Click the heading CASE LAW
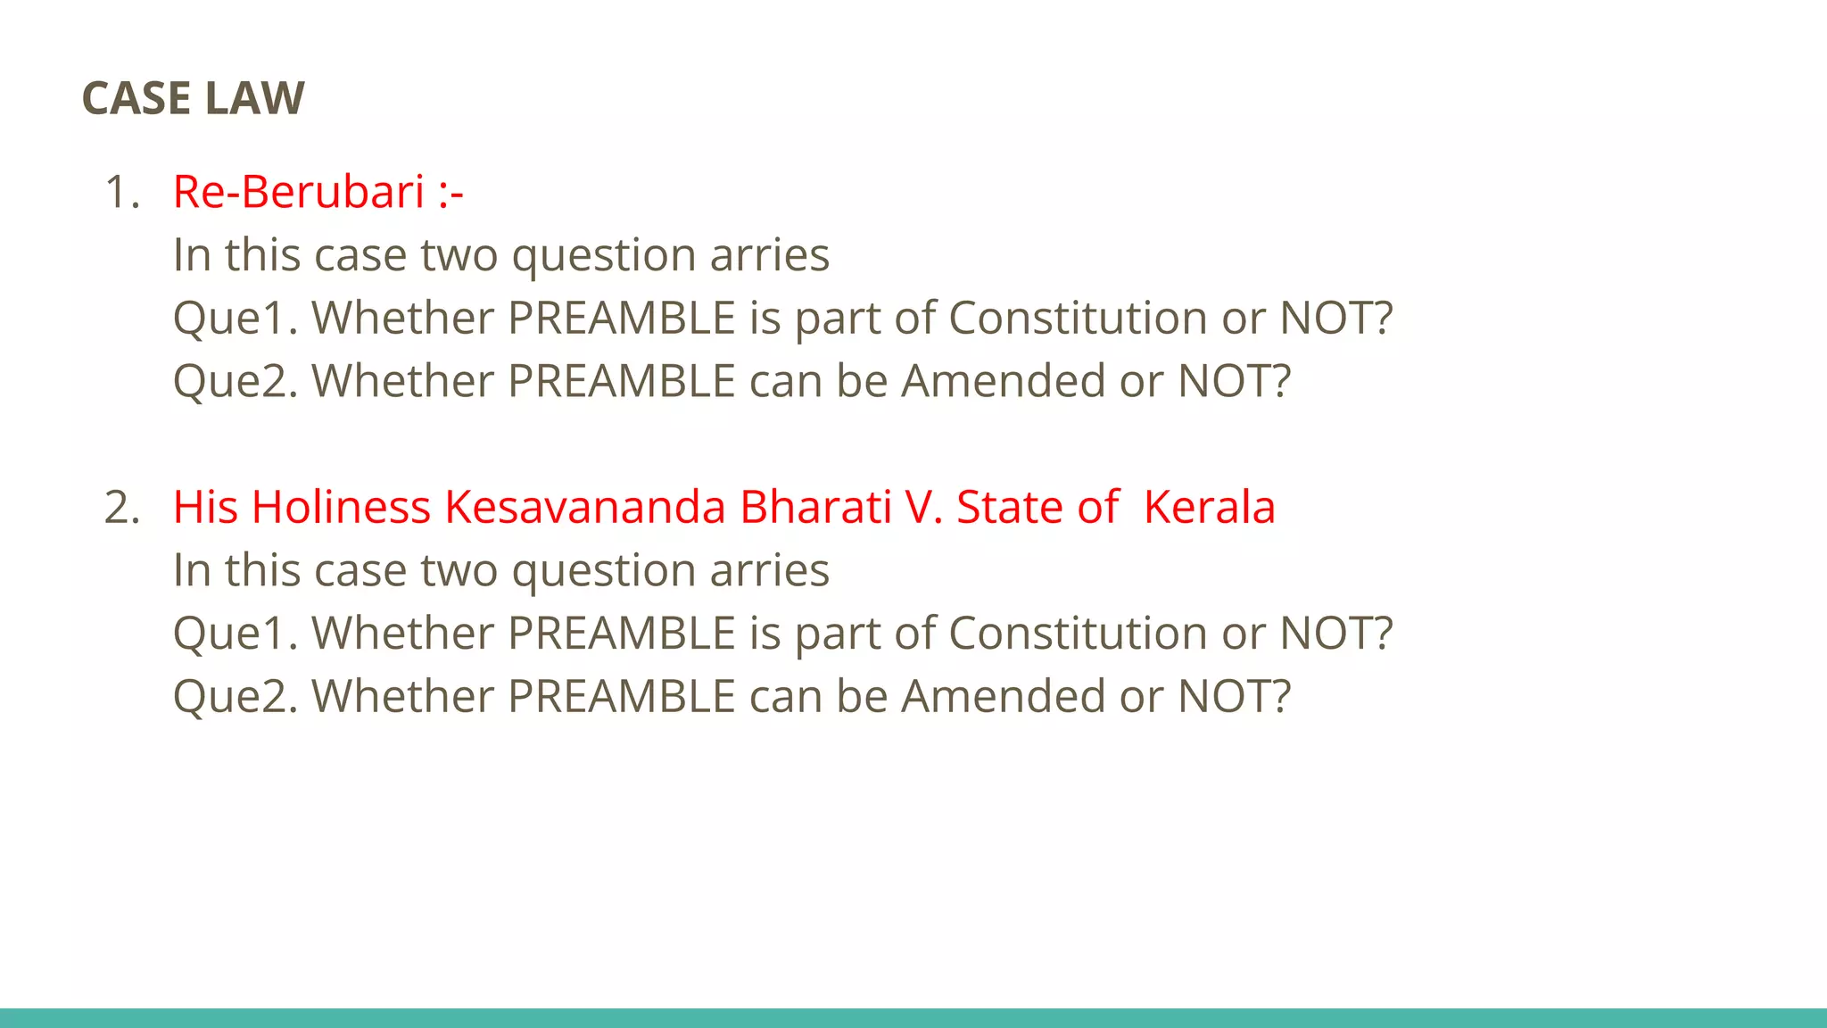tap(193, 98)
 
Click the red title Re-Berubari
tap(298, 192)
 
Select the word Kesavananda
tap(585, 507)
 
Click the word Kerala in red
tap(1209, 507)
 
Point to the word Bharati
tap(815, 507)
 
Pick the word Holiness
tap(341, 507)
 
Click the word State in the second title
tap(1009, 507)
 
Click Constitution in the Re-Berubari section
tap(1078, 318)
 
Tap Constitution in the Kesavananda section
tap(1078, 633)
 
